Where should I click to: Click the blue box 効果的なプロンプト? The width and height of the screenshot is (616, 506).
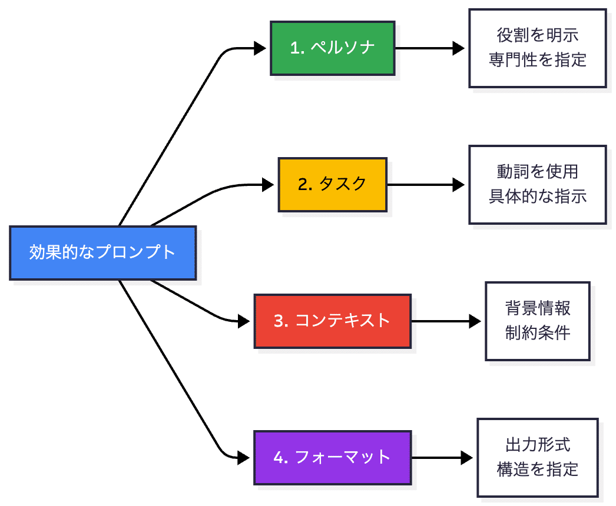pyautogui.click(x=102, y=252)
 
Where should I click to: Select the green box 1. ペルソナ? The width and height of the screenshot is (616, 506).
pyautogui.click(x=333, y=48)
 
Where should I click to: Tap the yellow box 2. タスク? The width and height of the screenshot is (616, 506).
pyautogui.click(x=333, y=184)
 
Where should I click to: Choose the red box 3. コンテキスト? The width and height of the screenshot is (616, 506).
pyautogui.click(x=333, y=321)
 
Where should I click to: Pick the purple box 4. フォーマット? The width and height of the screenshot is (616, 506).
pyautogui.click(x=333, y=457)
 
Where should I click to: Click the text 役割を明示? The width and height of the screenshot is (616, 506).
pyautogui.click(x=537, y=35)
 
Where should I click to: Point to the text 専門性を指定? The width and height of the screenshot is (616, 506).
pyautogui.click(x=537, y=60)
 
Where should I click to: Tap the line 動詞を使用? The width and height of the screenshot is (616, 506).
pyautogui.click(x=537, y=171)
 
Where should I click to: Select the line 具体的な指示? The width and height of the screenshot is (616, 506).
pyautogui.click(x=537, y=197)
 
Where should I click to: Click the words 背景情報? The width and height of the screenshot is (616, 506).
pyautogui.click(x=537, y=308)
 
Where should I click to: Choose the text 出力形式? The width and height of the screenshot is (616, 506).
pyautogui.click(x=537, y=444)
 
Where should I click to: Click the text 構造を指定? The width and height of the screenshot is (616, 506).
pyautogui.click(x=537, y=469)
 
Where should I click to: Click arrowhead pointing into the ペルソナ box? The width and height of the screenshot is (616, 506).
pyautogui.click(x=260, y=48)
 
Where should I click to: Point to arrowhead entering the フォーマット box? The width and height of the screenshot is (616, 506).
pyautogui.click(x=244, y=457)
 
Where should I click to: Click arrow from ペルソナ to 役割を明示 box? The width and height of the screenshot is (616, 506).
pyautogui.click(x=430, y=48)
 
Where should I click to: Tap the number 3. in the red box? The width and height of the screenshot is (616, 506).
pyautogui.click(x=281, y=321)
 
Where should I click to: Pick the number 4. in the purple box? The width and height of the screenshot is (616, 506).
pyautogui.click(x=281, y=458)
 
